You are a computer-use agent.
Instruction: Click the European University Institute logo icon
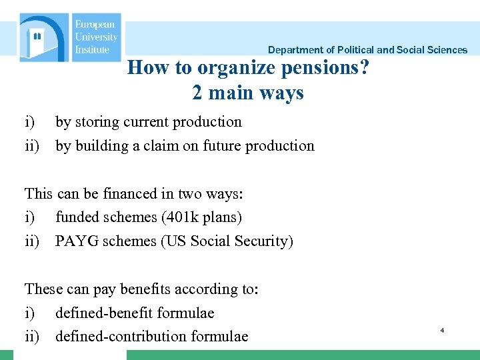coord(44,38)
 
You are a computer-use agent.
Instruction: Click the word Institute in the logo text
coord(92,49)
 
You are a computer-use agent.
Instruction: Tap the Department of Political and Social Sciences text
coord(367,50)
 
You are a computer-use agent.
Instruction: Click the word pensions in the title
coord(321,68)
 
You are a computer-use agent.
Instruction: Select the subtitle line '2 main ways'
coord(248,93)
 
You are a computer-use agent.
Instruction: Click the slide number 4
coord(442,330)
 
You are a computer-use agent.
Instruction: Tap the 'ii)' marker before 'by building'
coord(33,145)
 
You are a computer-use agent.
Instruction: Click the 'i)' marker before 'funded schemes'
coord(30,217)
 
